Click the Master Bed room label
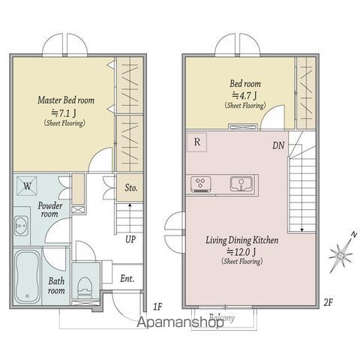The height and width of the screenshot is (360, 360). pos(66,100)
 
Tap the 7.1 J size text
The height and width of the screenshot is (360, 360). pos(64,113)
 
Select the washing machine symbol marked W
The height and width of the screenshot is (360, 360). pos(27,186)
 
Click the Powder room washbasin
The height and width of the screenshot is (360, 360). pos(21,226)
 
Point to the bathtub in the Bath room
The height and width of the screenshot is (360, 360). pos(27,277)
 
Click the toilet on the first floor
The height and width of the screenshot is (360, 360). pos(85,288)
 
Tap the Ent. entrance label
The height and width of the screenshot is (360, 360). pos(127,278)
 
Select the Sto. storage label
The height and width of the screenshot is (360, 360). pos(131,187)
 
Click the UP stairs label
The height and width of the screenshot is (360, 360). pos(130,239)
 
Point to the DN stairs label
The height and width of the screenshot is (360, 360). pos(278,145)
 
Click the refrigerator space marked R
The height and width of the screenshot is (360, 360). pos(197,142)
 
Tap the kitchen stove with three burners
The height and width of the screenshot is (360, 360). pos(201,184)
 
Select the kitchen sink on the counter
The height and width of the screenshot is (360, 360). pos(241,184)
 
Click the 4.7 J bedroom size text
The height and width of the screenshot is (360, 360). pos(244,95)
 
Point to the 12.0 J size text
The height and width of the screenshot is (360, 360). pos(241,252)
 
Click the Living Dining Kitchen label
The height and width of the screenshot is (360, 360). pos(242,240)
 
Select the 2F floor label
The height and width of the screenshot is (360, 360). pos(328,303)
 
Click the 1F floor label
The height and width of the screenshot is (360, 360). pos(157,307)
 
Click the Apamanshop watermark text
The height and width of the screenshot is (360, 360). pos(180,322)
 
